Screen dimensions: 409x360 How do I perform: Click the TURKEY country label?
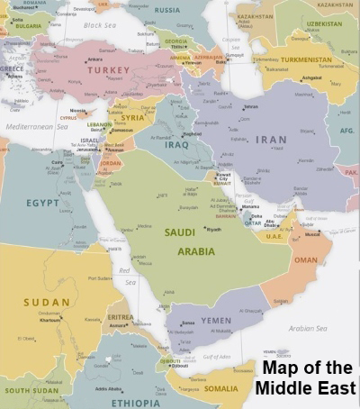click(x=109, y=69)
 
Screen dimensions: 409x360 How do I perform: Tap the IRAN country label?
click(x=271, y=140)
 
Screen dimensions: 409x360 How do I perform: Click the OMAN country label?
click(x=306, y=259)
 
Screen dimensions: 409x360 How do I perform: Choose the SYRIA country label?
click(x=132, y=118)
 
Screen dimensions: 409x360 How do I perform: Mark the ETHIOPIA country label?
click(x=135, y=403)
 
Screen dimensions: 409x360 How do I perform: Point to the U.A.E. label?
click(x=274, y=236)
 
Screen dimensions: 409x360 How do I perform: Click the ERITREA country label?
click(x=120, y=316)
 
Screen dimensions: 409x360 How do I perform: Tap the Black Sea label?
click(x=99, y=25)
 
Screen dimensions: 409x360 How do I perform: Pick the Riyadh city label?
click(x=213, y=229)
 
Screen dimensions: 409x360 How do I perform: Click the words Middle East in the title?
click(x=305, y=388)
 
